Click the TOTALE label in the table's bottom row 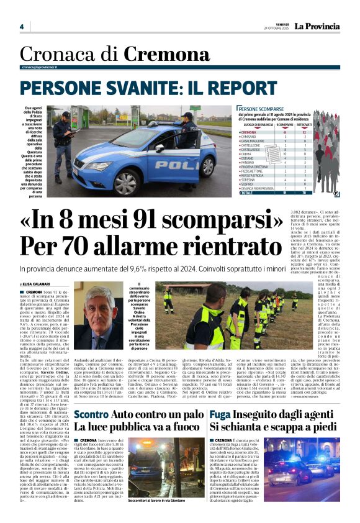(246, 193)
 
